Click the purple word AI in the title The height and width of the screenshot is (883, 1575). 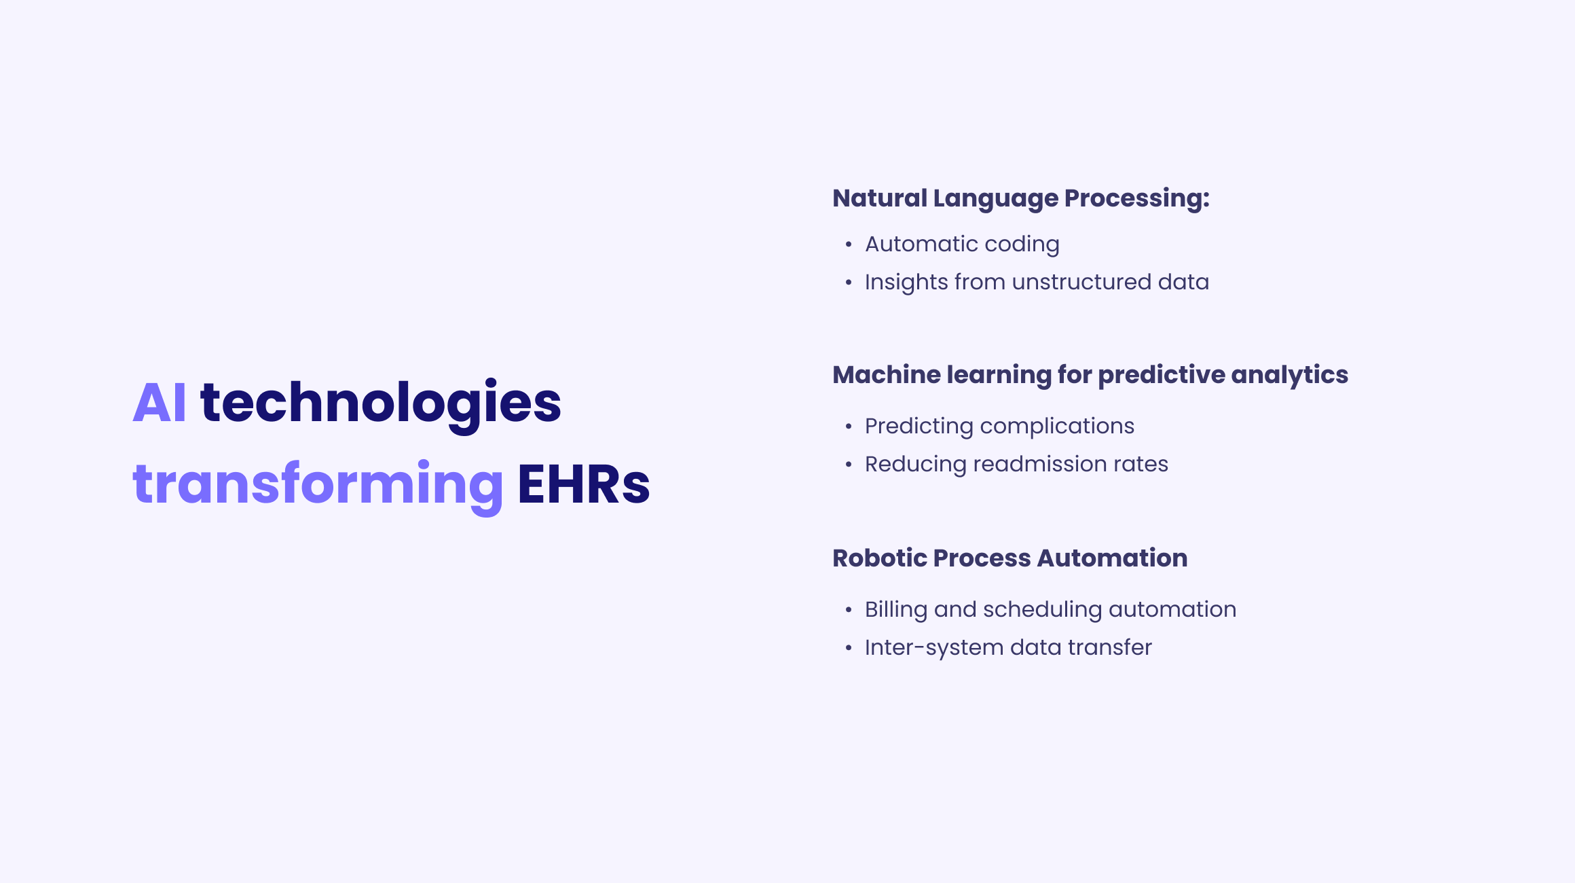[159, 403]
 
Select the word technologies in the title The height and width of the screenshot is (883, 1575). [381, 403]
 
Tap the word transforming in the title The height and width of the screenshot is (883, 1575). [318, 484]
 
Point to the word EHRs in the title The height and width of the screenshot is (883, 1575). [584, 484]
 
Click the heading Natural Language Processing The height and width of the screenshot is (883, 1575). [1020, 198]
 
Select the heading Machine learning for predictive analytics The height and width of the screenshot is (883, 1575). [1090, 375]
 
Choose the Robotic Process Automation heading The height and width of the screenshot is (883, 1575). [1009, 558]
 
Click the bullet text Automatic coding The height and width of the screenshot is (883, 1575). [962, 244]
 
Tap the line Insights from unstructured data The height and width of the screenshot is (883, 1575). [1037, 282]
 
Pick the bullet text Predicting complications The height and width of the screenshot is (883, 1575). [999, 426]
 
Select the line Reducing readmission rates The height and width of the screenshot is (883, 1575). [1016, 464]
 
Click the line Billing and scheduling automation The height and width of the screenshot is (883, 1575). [1050, 609]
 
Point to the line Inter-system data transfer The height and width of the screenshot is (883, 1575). [1008, 647]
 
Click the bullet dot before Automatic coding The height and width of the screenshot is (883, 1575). [849, 245]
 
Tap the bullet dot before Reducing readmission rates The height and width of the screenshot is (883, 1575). [849, 465]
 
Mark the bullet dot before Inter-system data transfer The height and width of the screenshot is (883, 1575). [849, 648]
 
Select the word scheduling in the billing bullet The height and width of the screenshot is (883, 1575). [1042, 610]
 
